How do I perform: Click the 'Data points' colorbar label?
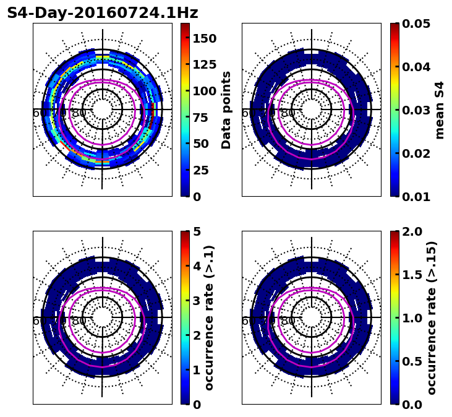click(x=226, y=110)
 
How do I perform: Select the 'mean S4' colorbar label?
click(x=440, y=110)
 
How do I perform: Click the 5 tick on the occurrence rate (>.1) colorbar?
click(x=196, y=231)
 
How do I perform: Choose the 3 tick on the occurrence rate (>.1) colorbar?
click(x=196, y=301)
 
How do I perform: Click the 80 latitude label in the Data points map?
click(x=79, y=113)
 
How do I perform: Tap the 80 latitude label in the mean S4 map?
click(x=288, y=113)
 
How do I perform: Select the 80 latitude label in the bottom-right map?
click(x=288, y=321)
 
